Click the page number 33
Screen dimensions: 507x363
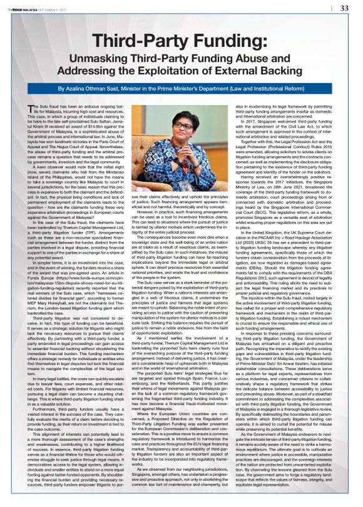pos(344,8)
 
